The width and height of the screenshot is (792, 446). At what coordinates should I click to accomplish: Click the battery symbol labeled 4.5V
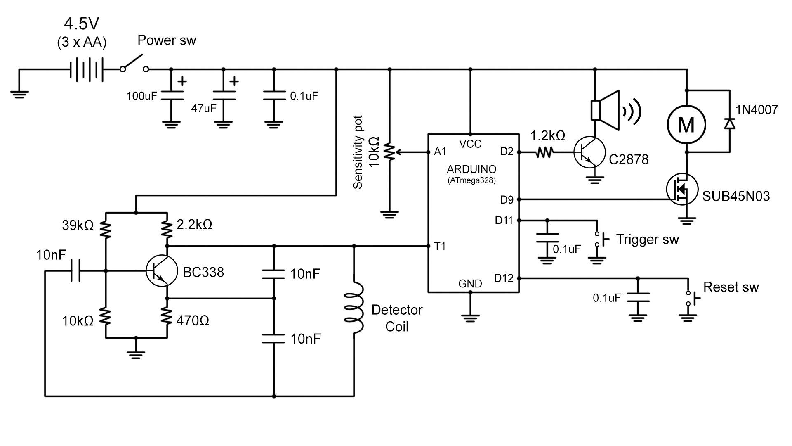pos(87,69)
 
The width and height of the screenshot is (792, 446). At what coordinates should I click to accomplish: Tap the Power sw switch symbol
pos(134,64)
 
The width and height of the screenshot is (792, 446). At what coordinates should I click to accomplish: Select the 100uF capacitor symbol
pos(172,96)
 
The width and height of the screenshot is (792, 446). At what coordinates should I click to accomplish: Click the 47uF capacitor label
pos(204,109)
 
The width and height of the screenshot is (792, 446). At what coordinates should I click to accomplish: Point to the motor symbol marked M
pos(686,124)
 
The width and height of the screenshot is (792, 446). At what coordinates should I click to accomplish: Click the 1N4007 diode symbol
pos(730,123)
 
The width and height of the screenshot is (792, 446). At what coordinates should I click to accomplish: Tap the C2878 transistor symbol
pos(589,152)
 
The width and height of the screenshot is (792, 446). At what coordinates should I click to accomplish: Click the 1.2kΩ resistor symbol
pos(544,152)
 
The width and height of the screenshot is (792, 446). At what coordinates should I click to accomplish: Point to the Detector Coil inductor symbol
pos(354,308)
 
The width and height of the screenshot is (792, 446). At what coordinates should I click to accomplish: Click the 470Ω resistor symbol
pos(167,316)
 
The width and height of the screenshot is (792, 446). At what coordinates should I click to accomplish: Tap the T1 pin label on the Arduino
pos(440,247)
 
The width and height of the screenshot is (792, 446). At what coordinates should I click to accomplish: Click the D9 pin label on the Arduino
pos(507,200)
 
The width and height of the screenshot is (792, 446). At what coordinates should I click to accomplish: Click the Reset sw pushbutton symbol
pos(692,298)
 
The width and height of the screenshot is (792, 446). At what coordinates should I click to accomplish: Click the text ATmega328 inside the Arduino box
pos(471,180)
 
